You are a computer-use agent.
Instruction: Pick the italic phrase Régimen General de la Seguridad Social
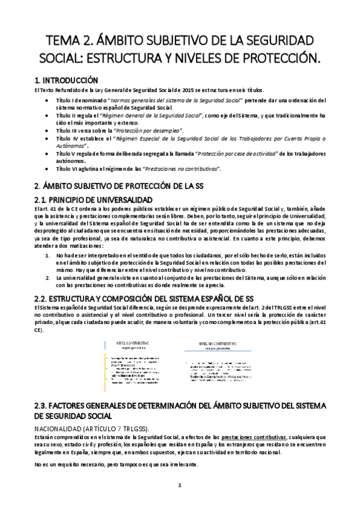157,114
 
